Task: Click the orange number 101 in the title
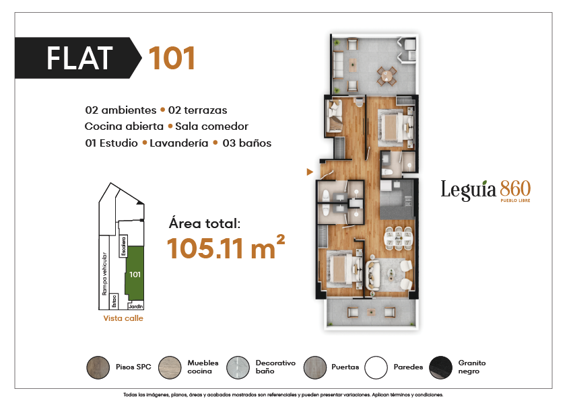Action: coord(172,58)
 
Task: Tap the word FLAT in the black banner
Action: coord(79,58)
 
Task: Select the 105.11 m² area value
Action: coord(226,247)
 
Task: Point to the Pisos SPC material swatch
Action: coord(98,367)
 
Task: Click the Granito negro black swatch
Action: coord(440,367)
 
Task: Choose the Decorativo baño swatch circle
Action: coord(238,367)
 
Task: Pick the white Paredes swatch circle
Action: coord(376,367)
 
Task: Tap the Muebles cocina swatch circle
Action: coord(170,367)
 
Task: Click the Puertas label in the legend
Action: coord(345,367)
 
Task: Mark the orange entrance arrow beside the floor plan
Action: coord(310,172)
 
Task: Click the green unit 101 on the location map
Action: coord(135,273)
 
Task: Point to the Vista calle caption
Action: coord(123,318)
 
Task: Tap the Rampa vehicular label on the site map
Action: coord(104,273)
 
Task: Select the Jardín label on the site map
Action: coord(135,306)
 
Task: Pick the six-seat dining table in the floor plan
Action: coord(398,238)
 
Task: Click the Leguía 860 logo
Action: coord(486,190)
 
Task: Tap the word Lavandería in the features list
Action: coord(178,143)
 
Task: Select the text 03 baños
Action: coord(247,143)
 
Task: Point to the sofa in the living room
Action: coord(371,275)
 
